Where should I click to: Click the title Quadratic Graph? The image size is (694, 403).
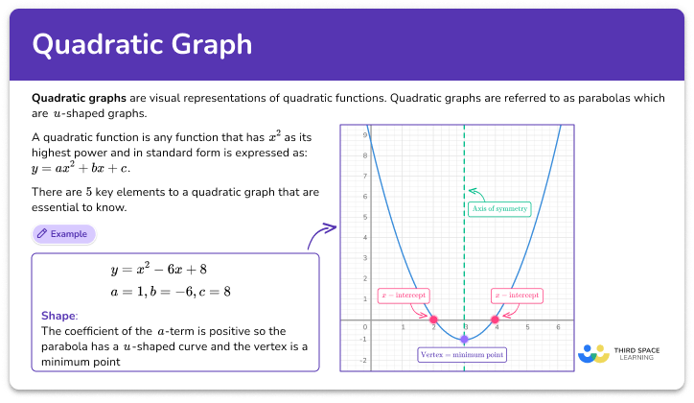click(x=143, y=44)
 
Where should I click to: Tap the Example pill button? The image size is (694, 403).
click(x=63, y=233)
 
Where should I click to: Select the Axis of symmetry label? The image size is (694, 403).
click(x=497, y=208)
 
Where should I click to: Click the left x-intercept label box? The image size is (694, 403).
click(x=405, y=296)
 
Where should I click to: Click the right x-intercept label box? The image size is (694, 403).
click(x=517, y=296)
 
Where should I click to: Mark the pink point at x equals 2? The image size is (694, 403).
click(x=433, y=320)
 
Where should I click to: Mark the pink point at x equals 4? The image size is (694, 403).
click(x=495, y=320)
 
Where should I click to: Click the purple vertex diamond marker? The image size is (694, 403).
click(x=464, y=340)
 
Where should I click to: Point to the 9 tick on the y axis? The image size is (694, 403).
click(x=364, y=135)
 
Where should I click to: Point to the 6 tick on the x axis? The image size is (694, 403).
click(x=558, y=328)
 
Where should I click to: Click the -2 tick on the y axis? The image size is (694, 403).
click(x=363, y=361)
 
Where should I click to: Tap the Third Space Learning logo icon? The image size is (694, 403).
click(x=593, y=353)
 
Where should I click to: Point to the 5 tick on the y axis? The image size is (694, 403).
click(x=364, y=217)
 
